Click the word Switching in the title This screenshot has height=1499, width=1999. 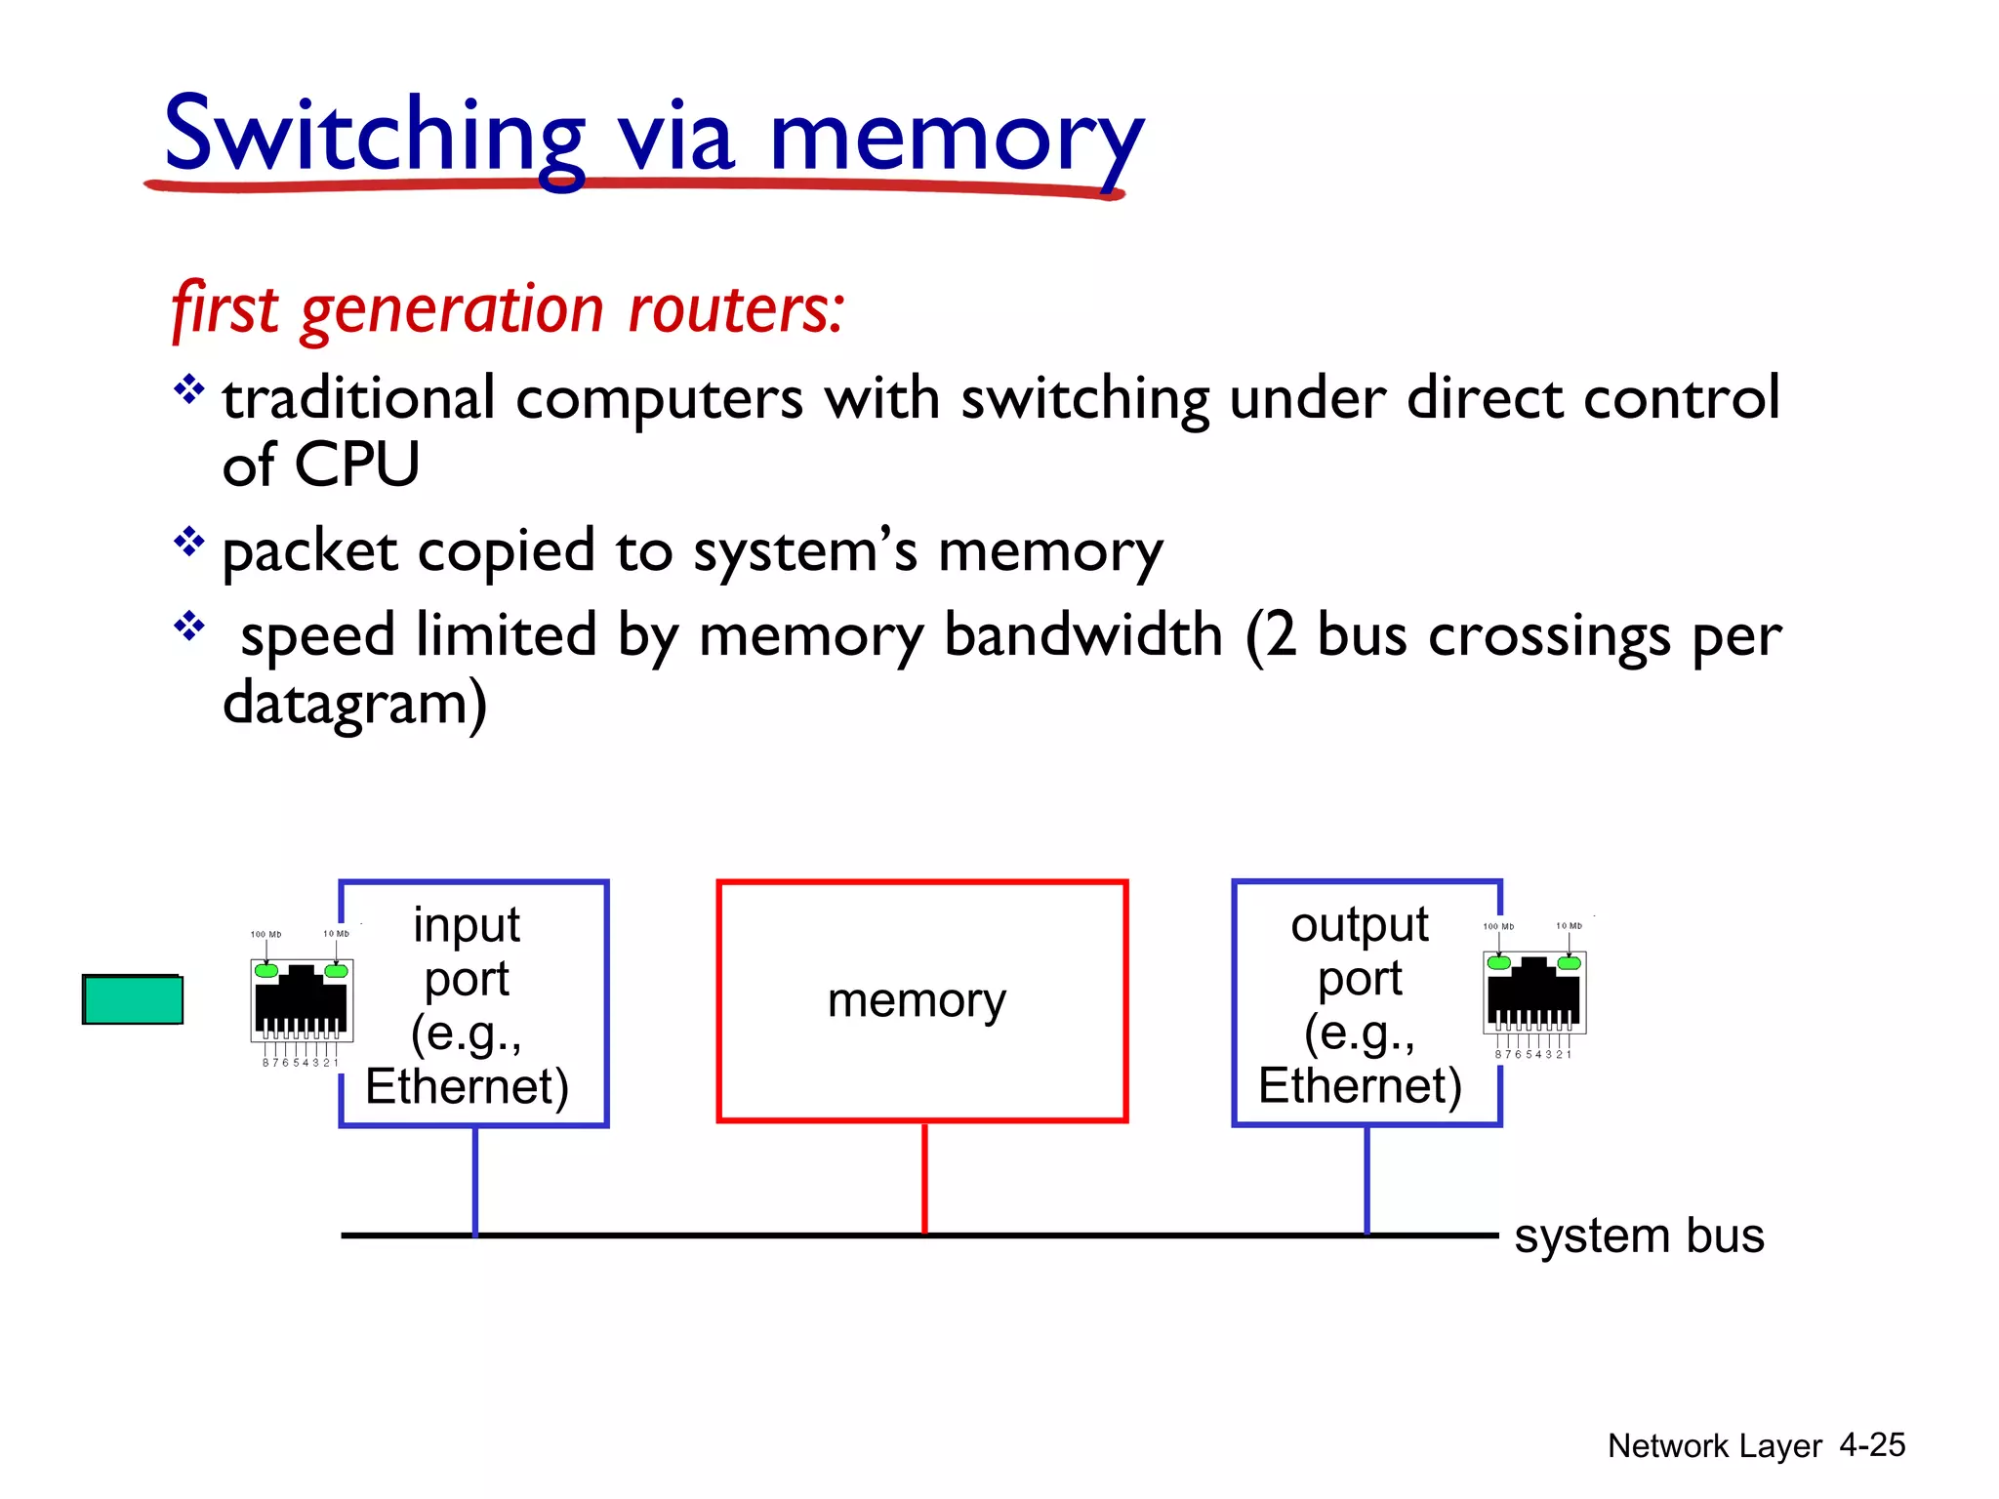[374, 137]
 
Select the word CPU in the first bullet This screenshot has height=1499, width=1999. [356, 465]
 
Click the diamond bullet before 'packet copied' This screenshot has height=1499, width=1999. [188, 541]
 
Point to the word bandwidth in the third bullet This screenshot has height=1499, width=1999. [1082, 635]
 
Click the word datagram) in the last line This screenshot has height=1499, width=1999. [354, 704]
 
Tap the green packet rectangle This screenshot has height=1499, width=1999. [133, 999]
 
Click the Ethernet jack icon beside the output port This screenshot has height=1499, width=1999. [1533, 992]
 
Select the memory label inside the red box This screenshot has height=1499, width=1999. [917, 1000]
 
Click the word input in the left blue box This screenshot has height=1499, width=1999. [466, 924]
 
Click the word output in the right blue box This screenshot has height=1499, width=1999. [1359, 924]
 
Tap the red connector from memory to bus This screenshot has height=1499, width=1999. [923, 1178]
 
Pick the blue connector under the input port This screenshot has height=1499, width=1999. [474, 1180]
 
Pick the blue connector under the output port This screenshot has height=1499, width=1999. [1366, 1180]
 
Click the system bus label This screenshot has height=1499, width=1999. [1638, 1236]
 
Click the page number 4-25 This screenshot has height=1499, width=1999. [1871, 1444]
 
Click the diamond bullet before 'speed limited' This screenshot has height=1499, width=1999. [188, 626]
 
